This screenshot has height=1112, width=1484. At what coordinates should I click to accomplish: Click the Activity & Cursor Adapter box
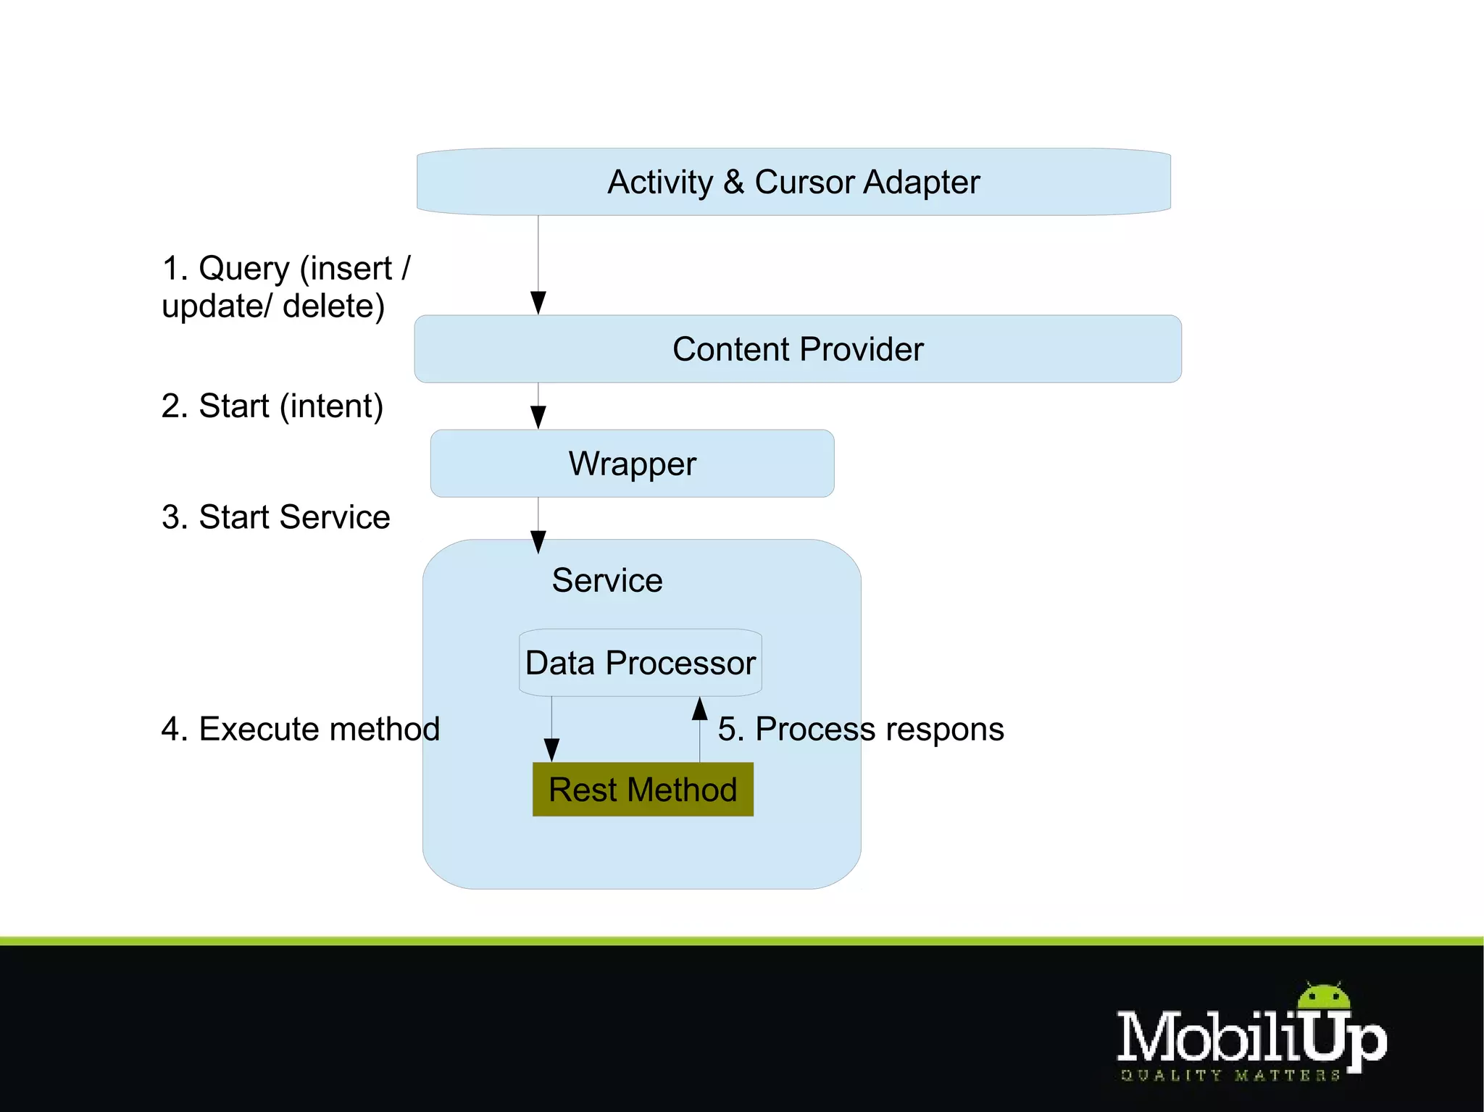click(793, 182)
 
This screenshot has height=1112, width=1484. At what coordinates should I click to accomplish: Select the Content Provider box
click(797, 349)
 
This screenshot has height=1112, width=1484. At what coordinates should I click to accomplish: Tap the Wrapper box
click(632, 464)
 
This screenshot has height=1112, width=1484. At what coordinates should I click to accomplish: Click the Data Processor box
click(641, 663)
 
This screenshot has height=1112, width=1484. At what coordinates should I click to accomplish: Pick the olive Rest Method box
click(643, 790)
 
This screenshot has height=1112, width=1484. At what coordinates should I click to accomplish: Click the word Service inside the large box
click(607, 580)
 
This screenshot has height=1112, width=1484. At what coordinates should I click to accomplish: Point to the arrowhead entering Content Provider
click(538, 303)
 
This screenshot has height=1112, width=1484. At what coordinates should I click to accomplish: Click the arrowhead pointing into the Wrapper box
click(538, 417)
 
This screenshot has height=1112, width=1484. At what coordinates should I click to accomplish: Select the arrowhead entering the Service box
click(538, 542)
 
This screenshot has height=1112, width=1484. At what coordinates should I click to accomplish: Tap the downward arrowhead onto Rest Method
click(551, 750)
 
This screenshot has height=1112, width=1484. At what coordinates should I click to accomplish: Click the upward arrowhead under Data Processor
click(699, 708)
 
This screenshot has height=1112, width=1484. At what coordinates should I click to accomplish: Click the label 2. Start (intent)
click(272, 406)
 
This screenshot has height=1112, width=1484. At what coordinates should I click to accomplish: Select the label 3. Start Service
click(275, 517)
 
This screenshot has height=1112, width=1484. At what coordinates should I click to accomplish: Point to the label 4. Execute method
click(300, 729)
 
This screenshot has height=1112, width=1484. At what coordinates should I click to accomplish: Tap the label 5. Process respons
click(860, 729)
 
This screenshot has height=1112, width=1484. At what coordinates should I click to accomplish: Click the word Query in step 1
click(243, 269)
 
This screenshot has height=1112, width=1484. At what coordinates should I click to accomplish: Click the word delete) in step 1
click(333, 306)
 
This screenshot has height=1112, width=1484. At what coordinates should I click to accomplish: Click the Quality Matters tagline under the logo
click(1230, 1075)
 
